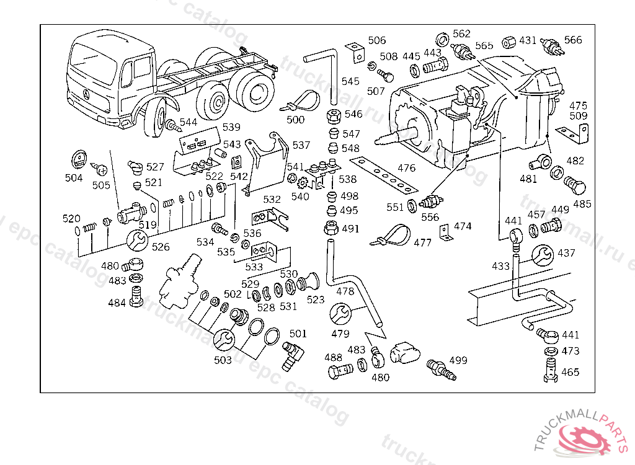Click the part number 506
pos(376,41)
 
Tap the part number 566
pos(573,40)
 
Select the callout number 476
pos(407,168)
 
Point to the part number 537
pos(301,145)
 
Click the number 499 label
pos(458,360)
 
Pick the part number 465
pos(571,372)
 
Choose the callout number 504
pos(74,178)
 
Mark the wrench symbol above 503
pos(224,339)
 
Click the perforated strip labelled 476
pos(382,174)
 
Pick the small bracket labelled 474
pos(445,233)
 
